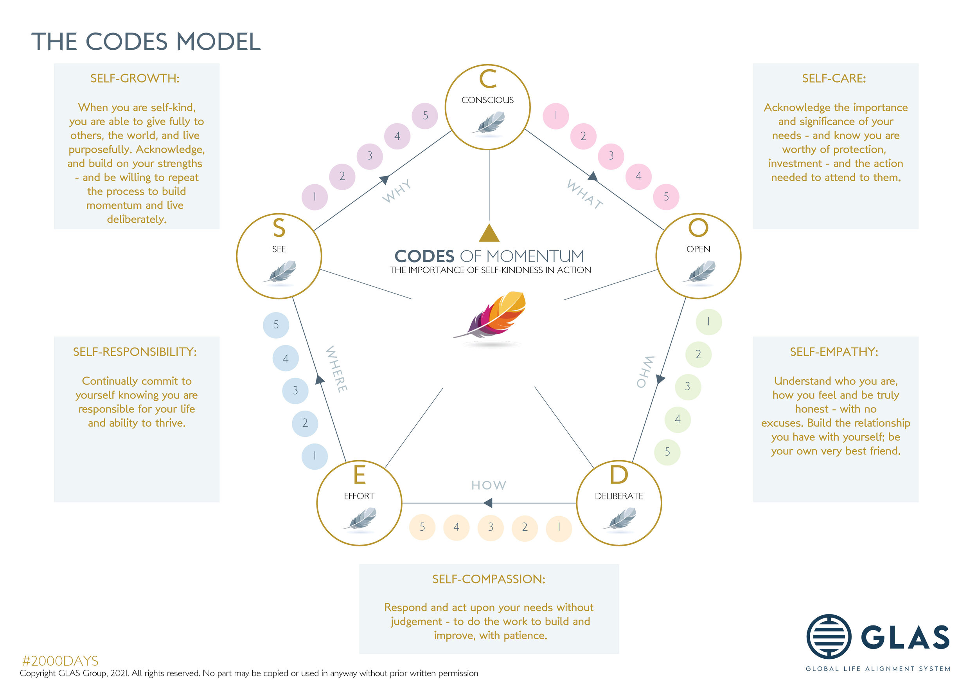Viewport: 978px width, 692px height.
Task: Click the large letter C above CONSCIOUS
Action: click(488, 79)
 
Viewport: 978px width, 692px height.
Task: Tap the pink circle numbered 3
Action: click(611, 156)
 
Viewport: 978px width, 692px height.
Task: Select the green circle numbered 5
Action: click(667, 452)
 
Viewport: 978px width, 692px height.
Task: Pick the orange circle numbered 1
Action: click(559, 528)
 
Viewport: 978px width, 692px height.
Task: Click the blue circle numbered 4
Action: click(286, 359)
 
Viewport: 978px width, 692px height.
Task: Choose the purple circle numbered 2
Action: click(342, 177)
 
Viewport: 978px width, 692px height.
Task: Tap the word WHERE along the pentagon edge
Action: click(336, 369)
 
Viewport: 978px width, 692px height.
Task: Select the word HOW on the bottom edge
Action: click(489, 485)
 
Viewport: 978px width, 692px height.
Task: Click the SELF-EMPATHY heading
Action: click(834, 352)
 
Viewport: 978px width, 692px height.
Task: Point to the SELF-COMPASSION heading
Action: click(489, 579)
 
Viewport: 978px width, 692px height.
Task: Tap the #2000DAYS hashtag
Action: click(60, 661)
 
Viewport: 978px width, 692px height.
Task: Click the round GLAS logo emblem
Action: click(829, 637)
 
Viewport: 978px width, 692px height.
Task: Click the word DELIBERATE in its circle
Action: click(618, 496)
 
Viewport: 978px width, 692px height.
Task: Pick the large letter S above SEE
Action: click(279, 229)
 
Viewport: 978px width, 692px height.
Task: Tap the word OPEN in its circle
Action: click(698, 249)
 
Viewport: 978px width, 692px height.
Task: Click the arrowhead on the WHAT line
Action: click(593, 176)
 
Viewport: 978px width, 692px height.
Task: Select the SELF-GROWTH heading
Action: click(135, 78)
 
